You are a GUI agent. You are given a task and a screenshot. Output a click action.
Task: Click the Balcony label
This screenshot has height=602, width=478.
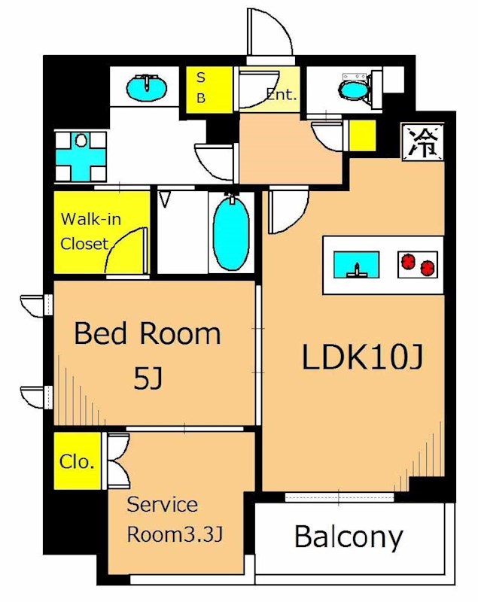pyautogui.click(x=349, y=537)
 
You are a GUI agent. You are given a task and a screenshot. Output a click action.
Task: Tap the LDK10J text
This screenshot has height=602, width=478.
pyautogui.click(x=362, y=357)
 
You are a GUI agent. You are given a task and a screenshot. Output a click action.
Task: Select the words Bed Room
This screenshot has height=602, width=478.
pyautogui.click(x=147, y=333)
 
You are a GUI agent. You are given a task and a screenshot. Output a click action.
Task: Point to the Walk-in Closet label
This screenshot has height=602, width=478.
pyautogui.click(x=90, y=232)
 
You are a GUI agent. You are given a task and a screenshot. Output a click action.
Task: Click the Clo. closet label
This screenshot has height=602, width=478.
pyautogui.click(x=77, y=461)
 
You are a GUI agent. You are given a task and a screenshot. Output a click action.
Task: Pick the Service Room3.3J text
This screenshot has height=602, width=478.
pyautogui.click(x=175, y=519)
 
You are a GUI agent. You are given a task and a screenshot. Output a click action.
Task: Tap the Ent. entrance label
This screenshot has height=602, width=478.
pyautogui.click(x=282, y=94)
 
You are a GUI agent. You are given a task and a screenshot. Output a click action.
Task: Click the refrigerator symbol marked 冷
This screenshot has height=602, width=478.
pyautogui.click(x=422, y=141)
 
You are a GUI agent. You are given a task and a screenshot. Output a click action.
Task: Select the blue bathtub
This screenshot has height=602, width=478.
pyautogui.click(x=231, y=234)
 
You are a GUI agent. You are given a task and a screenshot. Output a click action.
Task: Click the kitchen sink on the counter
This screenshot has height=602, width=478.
pyautogui.click(x=357, y=265)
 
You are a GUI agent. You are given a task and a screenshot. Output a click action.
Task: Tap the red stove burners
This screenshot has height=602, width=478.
pyautogui.click(x=417, y=265)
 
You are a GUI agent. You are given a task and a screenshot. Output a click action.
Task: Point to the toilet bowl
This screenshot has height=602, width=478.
pyautogui.click(x=354, y=90)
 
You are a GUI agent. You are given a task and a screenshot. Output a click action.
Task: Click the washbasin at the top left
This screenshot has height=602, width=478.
pyautogui.click(x=147, y=87)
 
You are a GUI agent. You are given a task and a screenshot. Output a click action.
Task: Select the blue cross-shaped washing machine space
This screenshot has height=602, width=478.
pyautogui.click(x=81, y=157)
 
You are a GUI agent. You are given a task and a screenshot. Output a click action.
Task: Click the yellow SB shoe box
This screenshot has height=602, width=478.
pyautogui.click(x=209, y=90)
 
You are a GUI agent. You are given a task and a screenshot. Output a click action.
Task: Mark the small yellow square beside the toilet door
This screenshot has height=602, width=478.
pyautogui.click(x=362, y=135)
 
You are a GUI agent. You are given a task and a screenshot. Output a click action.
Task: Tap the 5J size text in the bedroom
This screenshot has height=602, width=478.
pyautogui.click(x=148, y=379)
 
